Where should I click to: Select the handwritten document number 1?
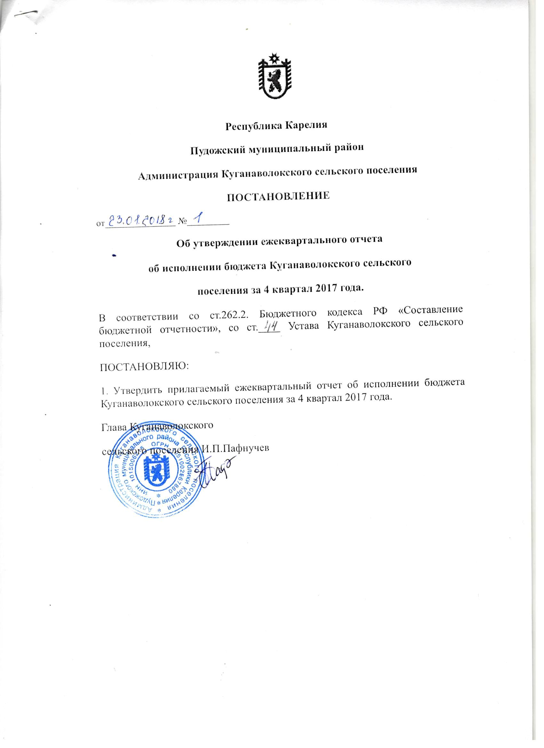[x=198, y=219]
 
